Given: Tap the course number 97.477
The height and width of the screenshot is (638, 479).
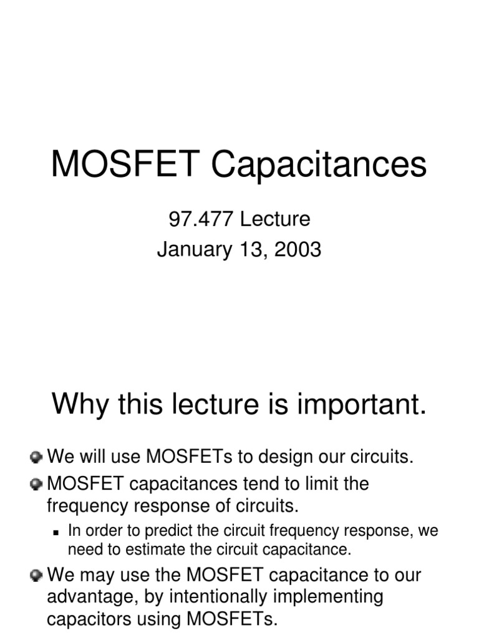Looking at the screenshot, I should (x=193, y=219).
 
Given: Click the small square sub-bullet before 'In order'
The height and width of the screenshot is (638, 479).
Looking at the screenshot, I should (x=57, y=533).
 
